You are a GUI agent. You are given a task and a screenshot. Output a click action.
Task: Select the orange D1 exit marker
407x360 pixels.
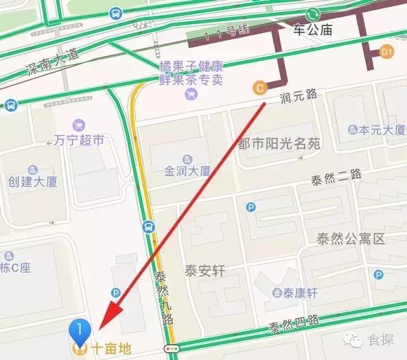(386, 52)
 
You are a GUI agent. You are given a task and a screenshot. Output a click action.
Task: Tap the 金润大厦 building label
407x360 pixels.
(187, 170)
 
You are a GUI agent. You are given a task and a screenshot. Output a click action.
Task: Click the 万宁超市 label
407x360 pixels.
(79, 141)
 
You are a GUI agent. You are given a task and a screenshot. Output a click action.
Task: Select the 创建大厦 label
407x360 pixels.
(33, 181)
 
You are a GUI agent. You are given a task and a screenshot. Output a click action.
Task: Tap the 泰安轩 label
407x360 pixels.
(205, 270)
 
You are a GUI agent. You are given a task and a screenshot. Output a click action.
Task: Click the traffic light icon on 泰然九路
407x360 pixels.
(170, 349)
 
